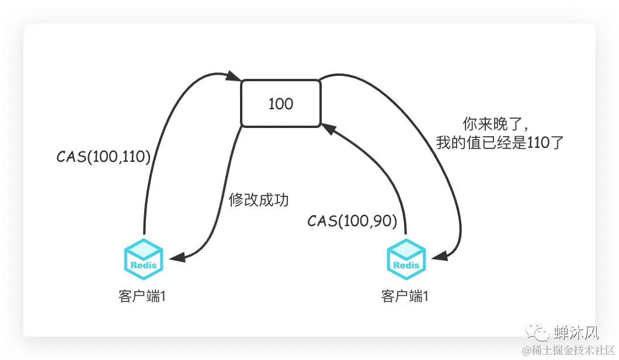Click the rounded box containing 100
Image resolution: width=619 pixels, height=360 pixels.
coord(281,103)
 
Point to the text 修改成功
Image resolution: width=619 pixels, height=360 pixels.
coord(259,200)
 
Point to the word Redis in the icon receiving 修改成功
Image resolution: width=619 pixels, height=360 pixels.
coord(144,265)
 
